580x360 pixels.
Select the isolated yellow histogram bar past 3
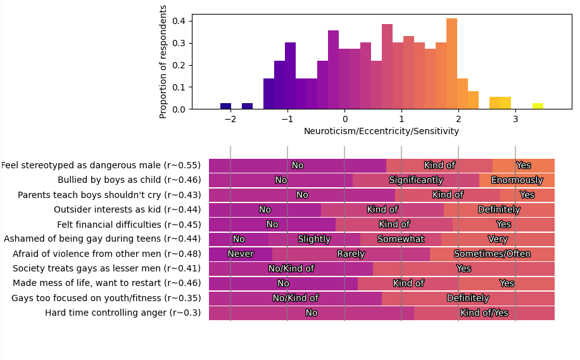538,106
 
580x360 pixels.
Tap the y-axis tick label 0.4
179,22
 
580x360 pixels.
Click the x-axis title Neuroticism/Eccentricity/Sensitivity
381,132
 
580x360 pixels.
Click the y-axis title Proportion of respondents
163,61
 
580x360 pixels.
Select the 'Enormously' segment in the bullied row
517,180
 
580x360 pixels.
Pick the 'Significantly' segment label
416,180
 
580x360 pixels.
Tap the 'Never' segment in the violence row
241,254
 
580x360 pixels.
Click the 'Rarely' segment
351,254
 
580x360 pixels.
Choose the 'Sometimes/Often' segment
492,254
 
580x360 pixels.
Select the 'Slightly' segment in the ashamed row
314,239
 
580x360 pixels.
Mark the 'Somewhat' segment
401,239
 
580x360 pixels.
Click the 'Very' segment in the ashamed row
498,239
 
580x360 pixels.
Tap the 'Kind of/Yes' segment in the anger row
484,313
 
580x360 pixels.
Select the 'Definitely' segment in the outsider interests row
499,210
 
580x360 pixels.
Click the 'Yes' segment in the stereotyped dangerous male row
524,166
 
